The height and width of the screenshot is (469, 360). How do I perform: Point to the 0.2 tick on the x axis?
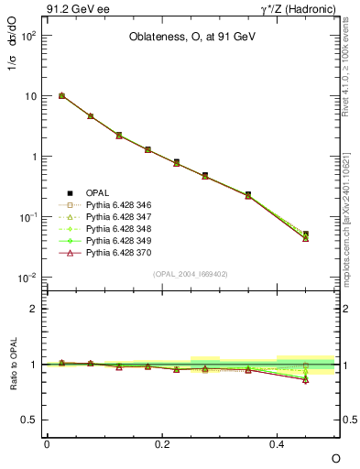point(162,443)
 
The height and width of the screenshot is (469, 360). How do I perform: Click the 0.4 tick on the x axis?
point(278,443)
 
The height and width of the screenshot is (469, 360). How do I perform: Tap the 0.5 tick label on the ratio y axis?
point(30,420)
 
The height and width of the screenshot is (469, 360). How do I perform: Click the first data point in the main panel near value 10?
point(61,95)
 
